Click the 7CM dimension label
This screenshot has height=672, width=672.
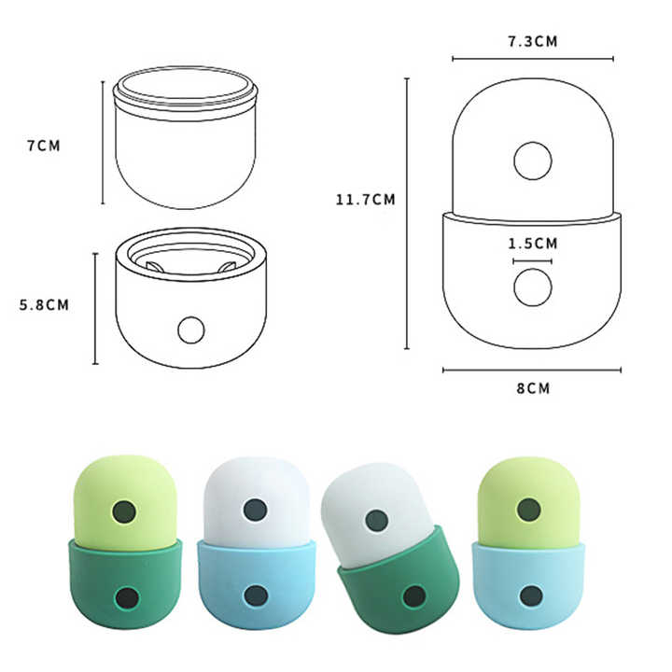44,146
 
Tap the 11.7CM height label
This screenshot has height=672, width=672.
366,198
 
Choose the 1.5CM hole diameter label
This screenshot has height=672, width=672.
532,244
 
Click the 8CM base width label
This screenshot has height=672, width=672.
532,387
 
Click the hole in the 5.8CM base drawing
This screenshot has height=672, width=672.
191,329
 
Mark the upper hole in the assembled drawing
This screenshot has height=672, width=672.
532,161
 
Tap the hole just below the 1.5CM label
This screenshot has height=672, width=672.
532,287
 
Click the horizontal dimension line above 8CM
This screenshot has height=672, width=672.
532,370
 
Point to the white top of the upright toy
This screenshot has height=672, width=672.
255,485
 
